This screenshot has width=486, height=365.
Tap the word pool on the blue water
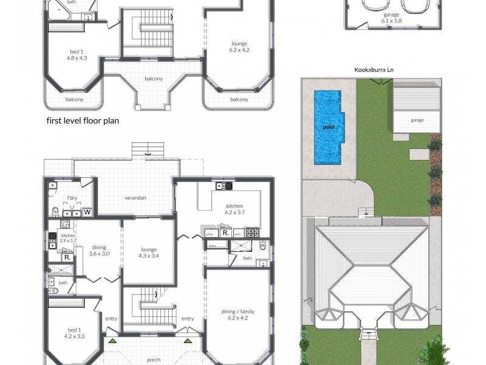pyautogui.click(x=329, y=127)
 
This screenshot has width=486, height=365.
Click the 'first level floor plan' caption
pyautogui.click(x=83, y=120)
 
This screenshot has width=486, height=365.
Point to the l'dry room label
pyautogui.click(x=72, y=198)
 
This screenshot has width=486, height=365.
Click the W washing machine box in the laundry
pyautogui.click(x=87, y=212)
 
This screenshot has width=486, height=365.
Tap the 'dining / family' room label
pyautogui.click(x=238, y=312)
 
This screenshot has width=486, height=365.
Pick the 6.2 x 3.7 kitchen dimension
pyautogui.click(x=234, y=212)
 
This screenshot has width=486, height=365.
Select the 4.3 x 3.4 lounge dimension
pyautogui.click(x=149, y=255)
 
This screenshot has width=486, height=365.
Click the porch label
pyautogui.click(x=154, y=360)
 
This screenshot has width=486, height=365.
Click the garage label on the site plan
pyautogui.click(x=417, y=120)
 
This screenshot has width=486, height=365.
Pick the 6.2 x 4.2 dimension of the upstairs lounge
pyautogui.click(x=239, y=50)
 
